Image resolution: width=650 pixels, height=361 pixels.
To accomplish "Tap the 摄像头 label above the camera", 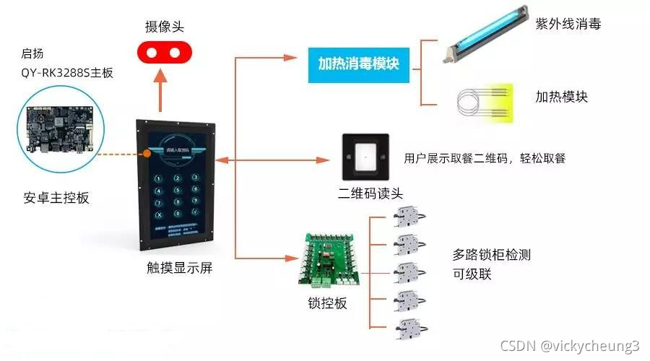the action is click(x=165, y=27).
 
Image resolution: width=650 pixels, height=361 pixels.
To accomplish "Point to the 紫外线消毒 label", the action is click(x=568, y=24).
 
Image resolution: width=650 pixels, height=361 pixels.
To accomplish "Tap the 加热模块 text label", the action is click(x=561, y=97).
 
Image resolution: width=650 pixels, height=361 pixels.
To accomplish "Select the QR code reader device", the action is click(x=366, y=156).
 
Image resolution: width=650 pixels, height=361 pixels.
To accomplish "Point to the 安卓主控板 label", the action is click(x=56, y=197).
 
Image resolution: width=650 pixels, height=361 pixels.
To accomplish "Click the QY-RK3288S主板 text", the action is click(x=67, y=72).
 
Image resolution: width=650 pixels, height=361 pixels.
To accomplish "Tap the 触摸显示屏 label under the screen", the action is click(x=179, y=268).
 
